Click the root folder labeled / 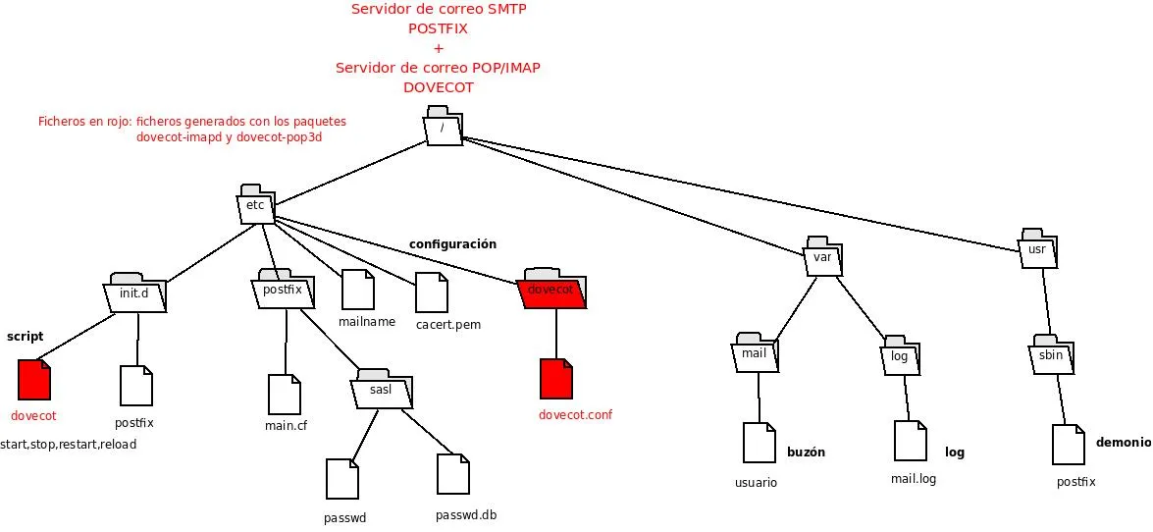point(444,129)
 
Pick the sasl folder point(382,390)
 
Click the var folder point(823,257)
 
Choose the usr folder point(1037,249)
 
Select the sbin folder point(1052,354)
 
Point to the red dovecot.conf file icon point(555,379)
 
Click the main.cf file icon point(284,394)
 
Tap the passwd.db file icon point(453,474)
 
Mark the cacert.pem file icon point(432,293)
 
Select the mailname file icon point(358,290)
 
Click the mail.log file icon point(910,441)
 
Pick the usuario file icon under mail point(760,443)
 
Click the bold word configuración point(452,244)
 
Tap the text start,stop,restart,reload point(69,445)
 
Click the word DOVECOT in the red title point(438,87)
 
